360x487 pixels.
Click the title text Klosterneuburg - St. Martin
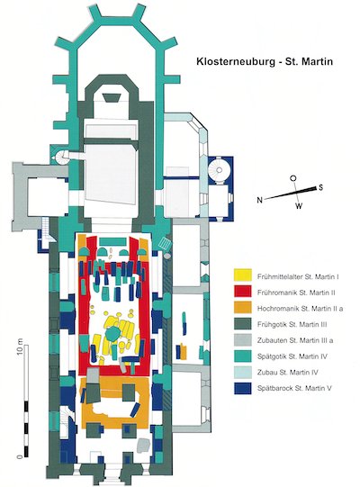pyautogui.click(x=265, y=61)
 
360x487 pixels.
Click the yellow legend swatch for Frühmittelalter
pyautogui.click(x=243, y=275)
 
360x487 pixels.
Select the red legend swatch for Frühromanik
pyautogui.click(x=243, y=292)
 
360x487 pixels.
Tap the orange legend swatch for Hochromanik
pyautogui.click(x=243, y=307)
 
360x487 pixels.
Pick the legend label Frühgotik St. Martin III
pyautogui.click(x=292, y=324)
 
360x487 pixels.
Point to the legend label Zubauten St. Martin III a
pyautogui.click(x=295, y=340)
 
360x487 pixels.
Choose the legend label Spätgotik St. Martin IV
pyautogui.click(x=292, y=356)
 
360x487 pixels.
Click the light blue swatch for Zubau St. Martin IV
pyautogui.click(x=243, y=372)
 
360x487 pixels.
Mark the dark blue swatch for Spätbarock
pyautogui.click(x=243, y=388)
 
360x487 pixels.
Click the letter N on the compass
pyautogui.click(x=260, y=200)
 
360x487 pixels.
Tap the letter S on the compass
pyautogui.click(x=320, y=187)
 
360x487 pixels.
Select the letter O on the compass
pyautogui.click(x=292, y=178)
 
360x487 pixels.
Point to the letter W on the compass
pyautogui.click(x=298, y=205)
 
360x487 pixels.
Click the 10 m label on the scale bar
pyautogui.click(x=20, y=346)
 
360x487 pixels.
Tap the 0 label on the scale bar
pyautogui.click(x=20, y=456)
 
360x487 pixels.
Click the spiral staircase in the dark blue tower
pyautogui.click(x=219, y=169)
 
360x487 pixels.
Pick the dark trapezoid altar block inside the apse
pyautogui.click(x=112, y=97)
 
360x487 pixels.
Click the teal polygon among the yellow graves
pyautogui.click(x=112, y=334)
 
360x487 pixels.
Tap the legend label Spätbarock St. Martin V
pyautogui.click(x=294, y=388)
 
